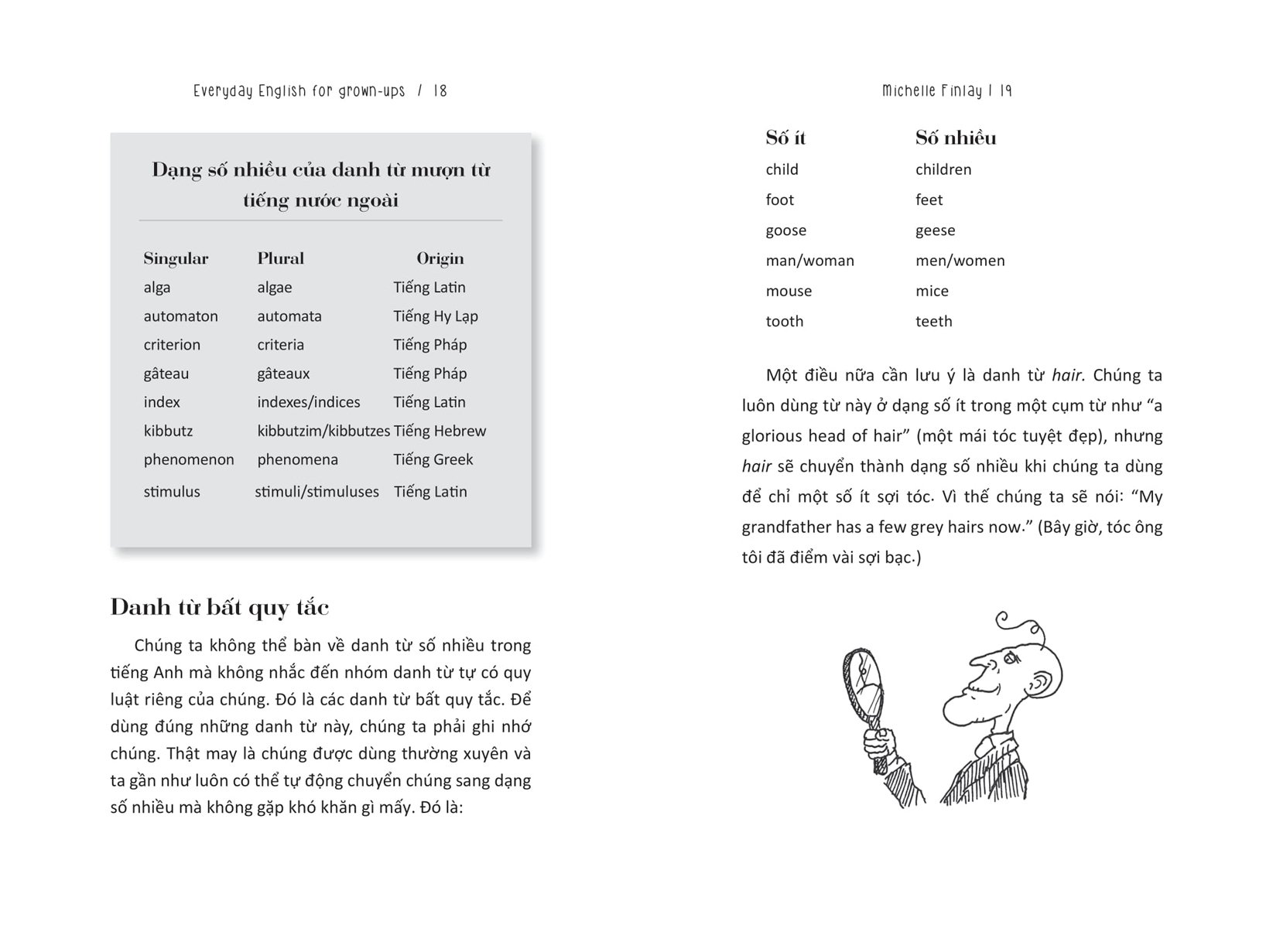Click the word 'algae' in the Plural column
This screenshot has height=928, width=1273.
275,288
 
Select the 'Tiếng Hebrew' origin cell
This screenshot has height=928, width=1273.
440,431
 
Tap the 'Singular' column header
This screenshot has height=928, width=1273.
176,258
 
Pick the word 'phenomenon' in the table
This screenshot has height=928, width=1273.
189,459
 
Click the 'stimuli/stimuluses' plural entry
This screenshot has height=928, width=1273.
317,492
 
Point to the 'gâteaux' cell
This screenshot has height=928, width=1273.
283,374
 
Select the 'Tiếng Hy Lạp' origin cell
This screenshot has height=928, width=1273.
436,316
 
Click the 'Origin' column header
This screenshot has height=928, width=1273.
440,258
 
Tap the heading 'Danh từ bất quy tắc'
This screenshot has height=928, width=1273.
220,608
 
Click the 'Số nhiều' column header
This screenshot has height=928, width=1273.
956,138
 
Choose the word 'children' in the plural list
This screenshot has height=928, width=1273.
943,169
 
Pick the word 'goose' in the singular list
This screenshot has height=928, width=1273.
785,230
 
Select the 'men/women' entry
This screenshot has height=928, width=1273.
960,261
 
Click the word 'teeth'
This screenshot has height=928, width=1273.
933,322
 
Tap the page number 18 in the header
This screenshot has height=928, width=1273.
440,91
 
